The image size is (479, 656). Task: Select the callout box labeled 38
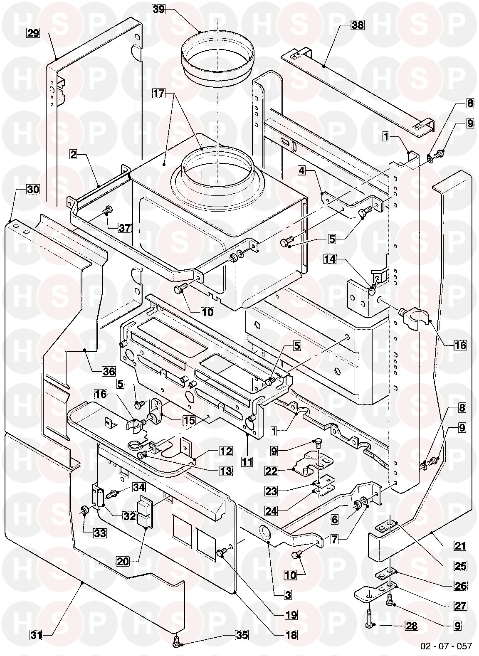357,25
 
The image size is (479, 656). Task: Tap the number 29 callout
34,34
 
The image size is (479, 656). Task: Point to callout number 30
33,190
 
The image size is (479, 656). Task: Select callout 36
110,371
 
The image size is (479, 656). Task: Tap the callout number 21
459,546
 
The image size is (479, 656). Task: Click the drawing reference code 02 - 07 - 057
446,646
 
